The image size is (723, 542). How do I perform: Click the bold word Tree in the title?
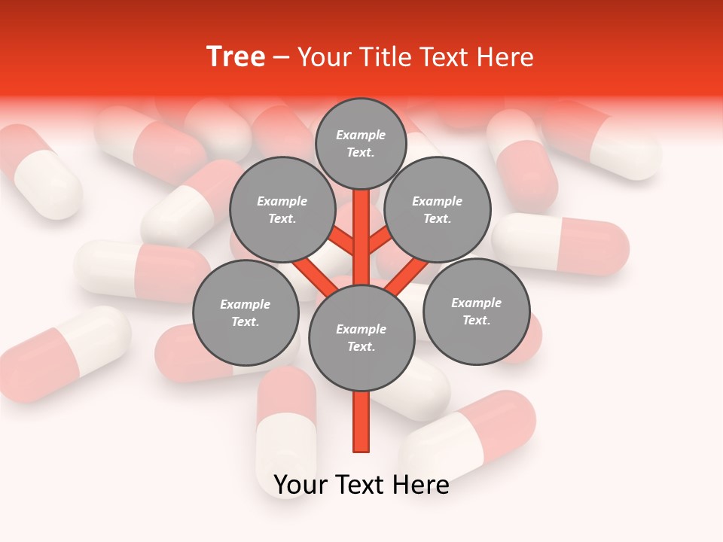point(236,57)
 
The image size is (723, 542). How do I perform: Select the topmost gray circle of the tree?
point(361,143)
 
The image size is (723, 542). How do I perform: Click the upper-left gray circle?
point(282,209)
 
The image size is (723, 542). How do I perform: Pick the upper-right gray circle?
point(438,209)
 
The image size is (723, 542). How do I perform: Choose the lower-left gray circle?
point(246,312)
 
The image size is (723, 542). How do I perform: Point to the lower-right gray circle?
point(476,311)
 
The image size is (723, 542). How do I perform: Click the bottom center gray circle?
point(361,338)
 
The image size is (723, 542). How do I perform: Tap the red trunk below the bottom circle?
point(361,422)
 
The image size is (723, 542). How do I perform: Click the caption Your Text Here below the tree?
point(361,486)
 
